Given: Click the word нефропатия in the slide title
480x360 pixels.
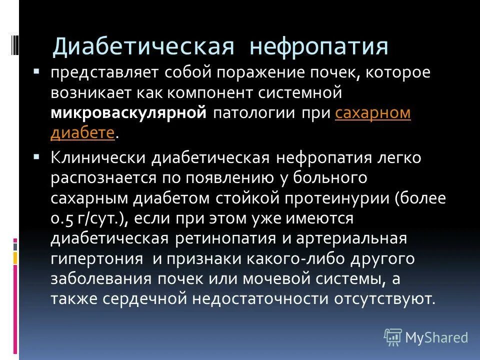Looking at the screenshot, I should point(319,46).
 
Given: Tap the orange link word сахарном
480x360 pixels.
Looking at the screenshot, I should point(373,113).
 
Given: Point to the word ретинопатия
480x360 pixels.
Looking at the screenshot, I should point(224,238).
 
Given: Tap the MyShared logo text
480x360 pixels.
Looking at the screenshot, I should point(436,337).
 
